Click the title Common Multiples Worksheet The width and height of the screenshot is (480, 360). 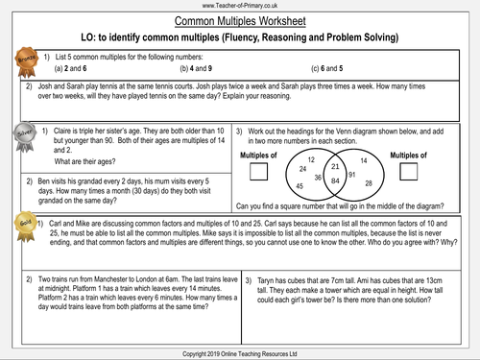click(240, 19)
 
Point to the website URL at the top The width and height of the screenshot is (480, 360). click(240, 5)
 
